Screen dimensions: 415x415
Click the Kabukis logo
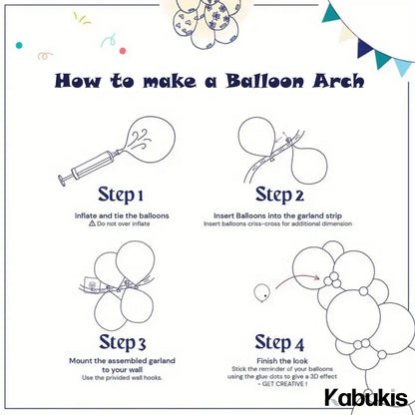(366, 397)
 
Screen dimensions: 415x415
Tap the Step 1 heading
(121, 195)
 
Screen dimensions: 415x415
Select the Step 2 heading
(279, 195)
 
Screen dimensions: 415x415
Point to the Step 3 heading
(123, 342)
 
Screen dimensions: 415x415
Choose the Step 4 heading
(279, 342)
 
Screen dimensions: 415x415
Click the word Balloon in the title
(265, 81)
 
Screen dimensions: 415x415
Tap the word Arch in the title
(338, 81)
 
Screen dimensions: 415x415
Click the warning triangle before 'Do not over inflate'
(92, 223)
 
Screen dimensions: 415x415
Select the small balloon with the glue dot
(261, 293)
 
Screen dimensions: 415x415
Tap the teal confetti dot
(19, 45)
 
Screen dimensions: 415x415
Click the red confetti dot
(123, 51)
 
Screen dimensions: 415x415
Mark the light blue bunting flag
(402, 67)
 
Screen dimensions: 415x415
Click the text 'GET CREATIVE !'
(284, 384)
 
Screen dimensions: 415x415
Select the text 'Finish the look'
(282, 361)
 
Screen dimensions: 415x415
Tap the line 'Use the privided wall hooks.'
(122, 378)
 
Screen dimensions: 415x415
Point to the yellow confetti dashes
(82, 18)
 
